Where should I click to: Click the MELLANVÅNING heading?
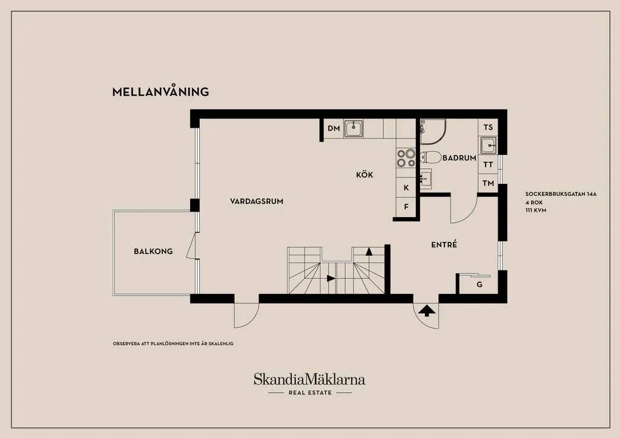160,92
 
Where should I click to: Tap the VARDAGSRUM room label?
257,201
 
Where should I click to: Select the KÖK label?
364,175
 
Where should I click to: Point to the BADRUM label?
459,158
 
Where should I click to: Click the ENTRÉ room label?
443,245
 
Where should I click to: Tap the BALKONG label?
153,251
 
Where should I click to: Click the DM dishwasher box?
334,128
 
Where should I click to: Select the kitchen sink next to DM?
354,128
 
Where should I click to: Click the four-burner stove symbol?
405,158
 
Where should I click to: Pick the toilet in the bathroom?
430,157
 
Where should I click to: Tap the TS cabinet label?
488,128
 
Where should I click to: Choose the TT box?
488,165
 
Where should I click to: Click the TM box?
488,183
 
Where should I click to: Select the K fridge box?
406,188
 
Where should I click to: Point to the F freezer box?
406,207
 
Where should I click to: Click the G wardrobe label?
479,284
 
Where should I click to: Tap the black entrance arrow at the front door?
427,311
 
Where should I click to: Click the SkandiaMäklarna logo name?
309,380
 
